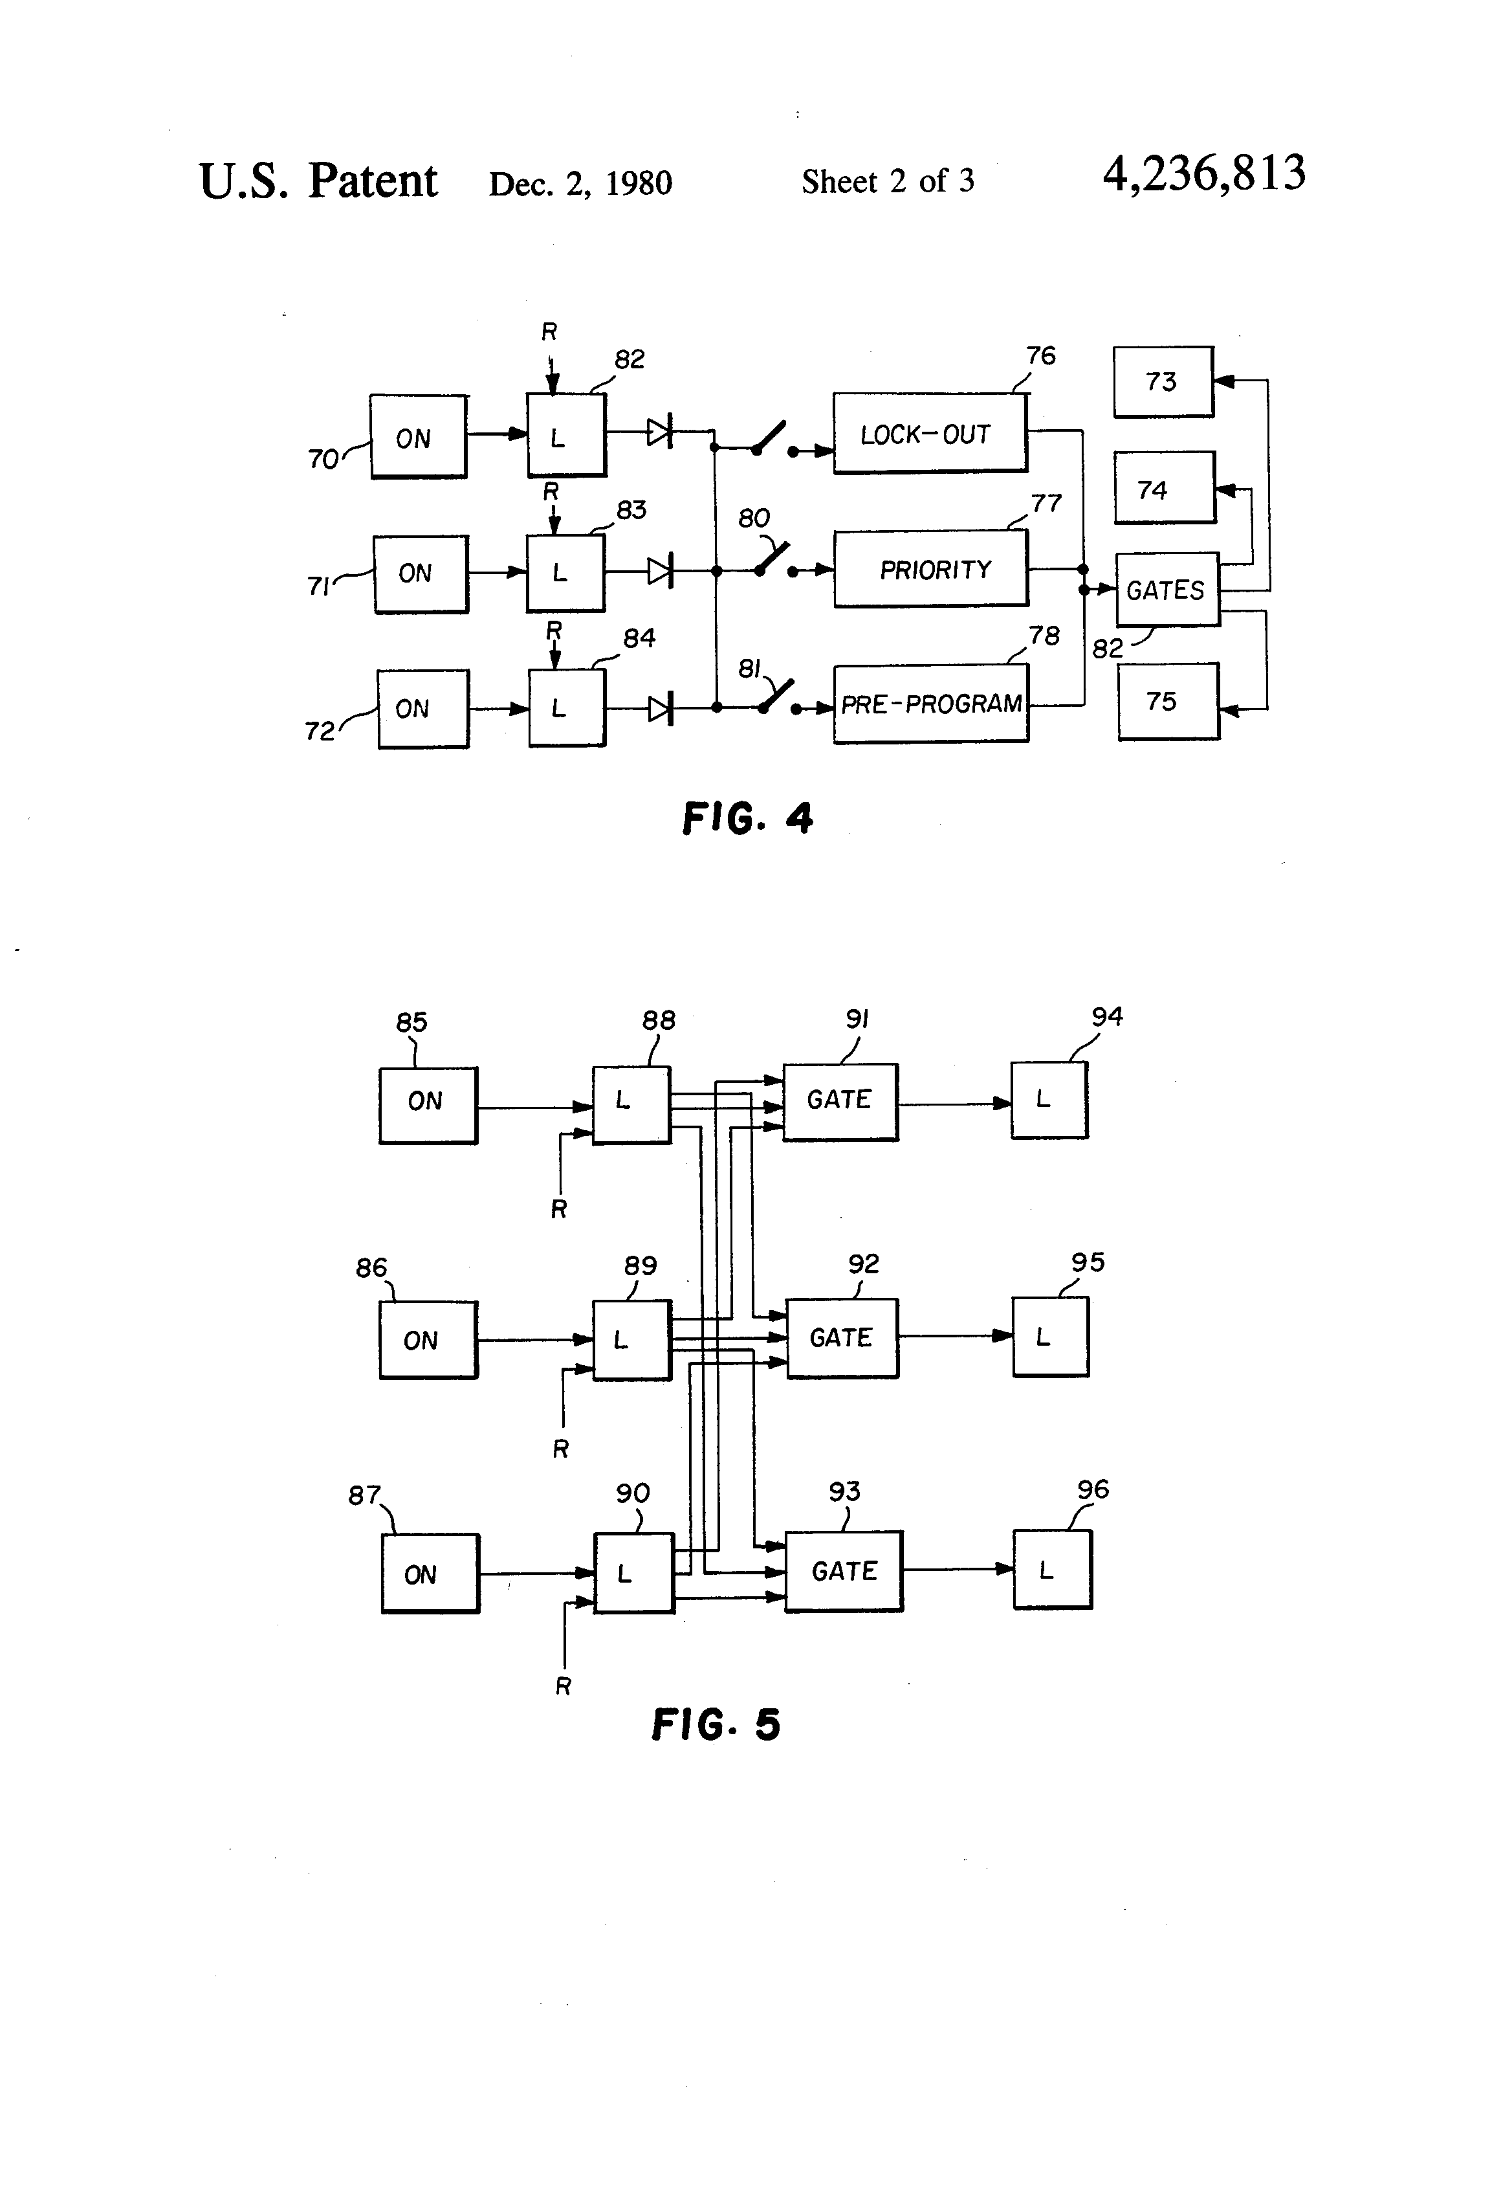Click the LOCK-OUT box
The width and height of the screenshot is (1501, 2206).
[929, 433]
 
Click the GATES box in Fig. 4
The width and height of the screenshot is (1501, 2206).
[1166, 590]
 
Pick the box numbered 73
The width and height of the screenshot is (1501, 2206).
[1162, 382]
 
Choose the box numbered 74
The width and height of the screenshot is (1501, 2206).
[1164, 488]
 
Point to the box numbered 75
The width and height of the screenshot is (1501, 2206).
[1167, 702]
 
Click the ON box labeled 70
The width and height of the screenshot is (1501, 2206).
[417, 437]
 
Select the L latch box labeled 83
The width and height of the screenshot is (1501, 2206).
[565, 572]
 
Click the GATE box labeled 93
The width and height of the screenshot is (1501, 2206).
[844, 1571]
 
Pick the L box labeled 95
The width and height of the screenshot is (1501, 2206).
[1050, 1337]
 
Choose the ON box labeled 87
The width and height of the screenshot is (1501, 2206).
[430, 1574]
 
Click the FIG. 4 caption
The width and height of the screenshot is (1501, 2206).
[748, 818]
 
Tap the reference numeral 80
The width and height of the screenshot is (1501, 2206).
[753, 518]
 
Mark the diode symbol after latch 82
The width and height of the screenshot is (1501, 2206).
[659, 433]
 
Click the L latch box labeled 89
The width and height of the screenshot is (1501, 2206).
[631, 1339]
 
